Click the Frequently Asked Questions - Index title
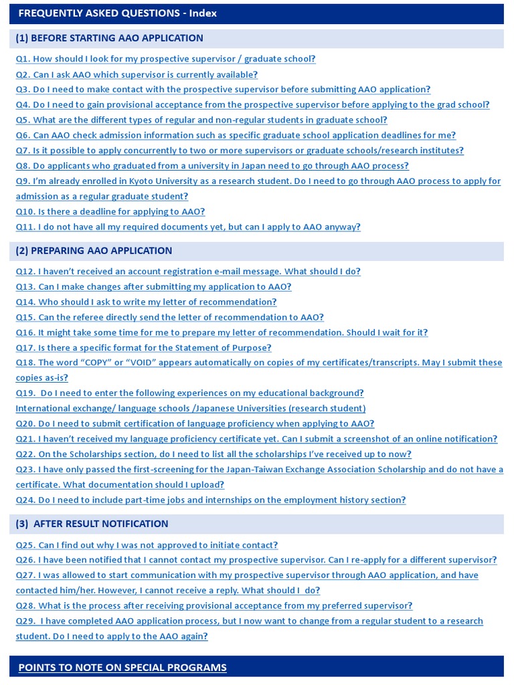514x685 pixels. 117,13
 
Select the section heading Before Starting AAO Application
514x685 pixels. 110,38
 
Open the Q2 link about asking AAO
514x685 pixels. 137,74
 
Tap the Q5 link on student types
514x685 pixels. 201,120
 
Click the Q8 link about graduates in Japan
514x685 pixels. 212,166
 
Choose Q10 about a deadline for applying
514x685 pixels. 110,211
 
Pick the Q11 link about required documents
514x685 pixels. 188,227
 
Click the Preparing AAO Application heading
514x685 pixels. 94,251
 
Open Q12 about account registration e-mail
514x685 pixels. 188,272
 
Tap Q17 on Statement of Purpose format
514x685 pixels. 143,348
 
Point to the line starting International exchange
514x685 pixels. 191,408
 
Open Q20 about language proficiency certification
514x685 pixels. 195,423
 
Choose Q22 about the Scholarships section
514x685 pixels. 213,454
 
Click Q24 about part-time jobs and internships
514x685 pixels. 211,500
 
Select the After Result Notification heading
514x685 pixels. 92,524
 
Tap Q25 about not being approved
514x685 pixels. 147,545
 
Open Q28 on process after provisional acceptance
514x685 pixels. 214,605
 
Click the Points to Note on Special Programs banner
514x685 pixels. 122,667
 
